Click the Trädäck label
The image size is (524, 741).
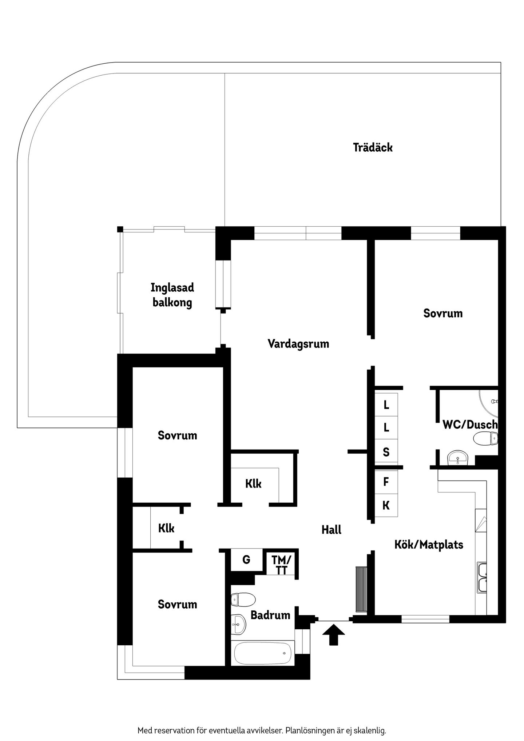click(x=373, y=148)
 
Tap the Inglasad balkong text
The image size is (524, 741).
click(x=172, y=295)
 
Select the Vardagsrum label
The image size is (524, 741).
click(x=298, y=344)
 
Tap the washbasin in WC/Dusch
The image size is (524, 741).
click(x=457, y=458)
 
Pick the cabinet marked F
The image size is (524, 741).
click(x=386, y=482)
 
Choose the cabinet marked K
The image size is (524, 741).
click(x=386, y=505)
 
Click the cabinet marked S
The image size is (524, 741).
click(x=386, y=452)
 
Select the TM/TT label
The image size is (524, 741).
click(x=281, y=565)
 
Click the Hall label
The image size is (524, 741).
click(x=332, y=530)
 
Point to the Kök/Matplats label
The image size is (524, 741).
click(x=429, y=545)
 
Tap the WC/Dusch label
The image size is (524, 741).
click(x=470, y=425)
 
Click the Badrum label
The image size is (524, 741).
click(x=270, y=615)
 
